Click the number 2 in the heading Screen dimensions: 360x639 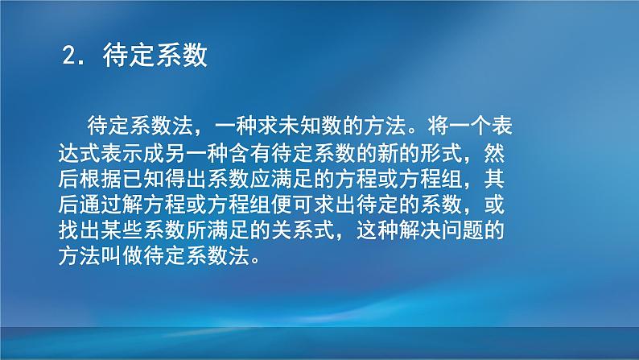68,56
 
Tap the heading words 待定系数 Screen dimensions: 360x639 155,56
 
